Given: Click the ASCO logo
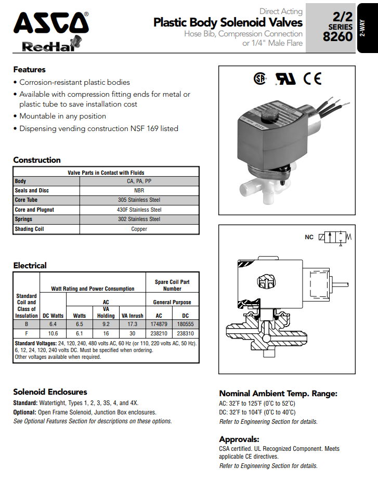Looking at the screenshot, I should click(50, 24).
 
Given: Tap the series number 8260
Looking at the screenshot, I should click(337, 37).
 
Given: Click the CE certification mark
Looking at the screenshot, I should click(312, 79).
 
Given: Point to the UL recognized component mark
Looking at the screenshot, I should click(285, 79).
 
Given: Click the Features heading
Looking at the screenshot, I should click(29, 70).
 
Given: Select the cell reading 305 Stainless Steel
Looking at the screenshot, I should click(139, 200).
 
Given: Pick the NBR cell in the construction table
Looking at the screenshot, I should click(139, 191).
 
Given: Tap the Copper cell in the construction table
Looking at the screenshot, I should click(139, 229).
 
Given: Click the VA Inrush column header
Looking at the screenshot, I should click(132, 315).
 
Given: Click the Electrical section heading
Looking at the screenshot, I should click(30, 265).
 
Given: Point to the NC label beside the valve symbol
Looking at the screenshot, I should click(309, 237).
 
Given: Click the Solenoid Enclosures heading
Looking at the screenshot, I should click(50, 392).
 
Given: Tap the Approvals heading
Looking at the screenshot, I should click(239, 439).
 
